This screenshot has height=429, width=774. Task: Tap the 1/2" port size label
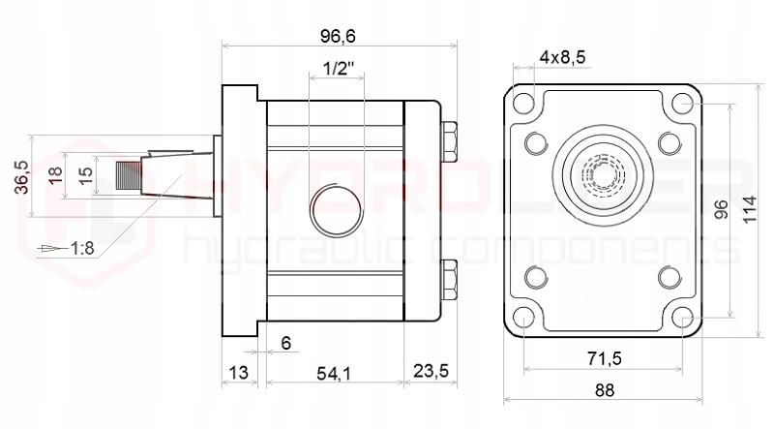[x=338, y=69]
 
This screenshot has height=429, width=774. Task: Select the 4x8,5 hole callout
[x=562, y=57]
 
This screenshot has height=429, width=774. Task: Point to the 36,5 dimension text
[x=21, y=177]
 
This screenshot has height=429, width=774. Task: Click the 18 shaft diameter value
[x=56, y=175]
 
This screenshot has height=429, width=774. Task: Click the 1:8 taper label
[x=81, y=249]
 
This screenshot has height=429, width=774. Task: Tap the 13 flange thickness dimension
[x=238, y=373]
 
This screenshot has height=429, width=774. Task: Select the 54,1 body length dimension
[x=333, y=373]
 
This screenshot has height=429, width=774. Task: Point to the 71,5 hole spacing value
[x=603, y=359]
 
